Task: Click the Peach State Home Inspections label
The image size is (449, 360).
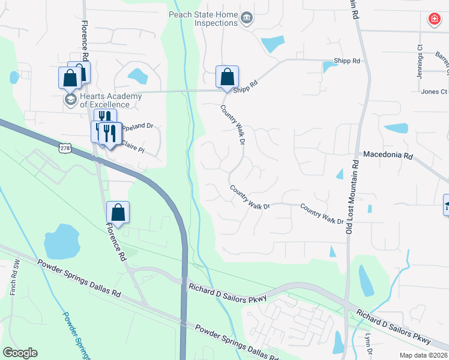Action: point(203,19)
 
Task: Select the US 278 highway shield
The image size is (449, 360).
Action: point(65,147)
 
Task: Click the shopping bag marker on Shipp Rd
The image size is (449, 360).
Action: point(227,77)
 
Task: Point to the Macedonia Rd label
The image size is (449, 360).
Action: point(388,155)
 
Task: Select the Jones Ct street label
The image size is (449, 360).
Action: point(434,92)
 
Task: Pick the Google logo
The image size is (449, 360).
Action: point(20,352)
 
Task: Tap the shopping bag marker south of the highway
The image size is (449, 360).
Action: point(118,212)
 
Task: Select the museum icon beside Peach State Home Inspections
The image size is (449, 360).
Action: point(246,19)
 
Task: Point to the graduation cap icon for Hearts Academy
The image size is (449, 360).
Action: point(70,100)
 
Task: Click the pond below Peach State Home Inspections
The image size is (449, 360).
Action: point(274,44)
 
